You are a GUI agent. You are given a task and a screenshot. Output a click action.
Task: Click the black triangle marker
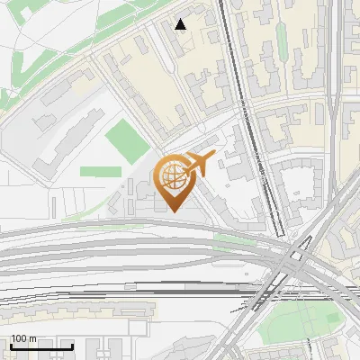pos(181,24)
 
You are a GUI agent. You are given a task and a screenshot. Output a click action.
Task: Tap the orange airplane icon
pos(199,164)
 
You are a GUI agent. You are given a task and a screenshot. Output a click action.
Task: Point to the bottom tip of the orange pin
pos(173,212)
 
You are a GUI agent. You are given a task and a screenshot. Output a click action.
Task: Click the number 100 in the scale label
pos(19,338)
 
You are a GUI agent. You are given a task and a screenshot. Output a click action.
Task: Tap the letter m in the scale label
pos(32,338)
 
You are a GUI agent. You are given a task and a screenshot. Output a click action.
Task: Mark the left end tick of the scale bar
pos(10,346)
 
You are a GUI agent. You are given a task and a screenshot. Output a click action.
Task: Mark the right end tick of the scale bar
pos(72,346)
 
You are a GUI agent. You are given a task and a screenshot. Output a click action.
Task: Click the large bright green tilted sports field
pos(127,140)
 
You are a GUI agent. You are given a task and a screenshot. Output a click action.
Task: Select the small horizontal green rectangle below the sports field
pos(100,170)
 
